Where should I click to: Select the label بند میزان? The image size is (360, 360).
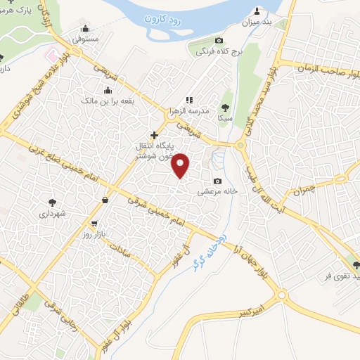coord(257,22)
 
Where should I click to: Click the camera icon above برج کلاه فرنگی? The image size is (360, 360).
coord(219,41)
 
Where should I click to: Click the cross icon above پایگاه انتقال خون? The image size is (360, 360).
coord(155,134)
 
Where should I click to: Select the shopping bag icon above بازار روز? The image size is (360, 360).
coord(105,200)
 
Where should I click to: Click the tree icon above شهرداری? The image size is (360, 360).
coord(52,201)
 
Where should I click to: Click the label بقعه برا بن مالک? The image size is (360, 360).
coord(108,101)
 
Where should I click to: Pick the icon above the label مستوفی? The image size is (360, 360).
coord(86,30)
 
